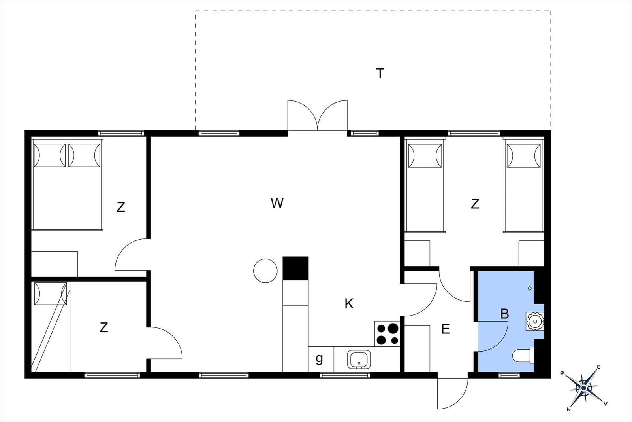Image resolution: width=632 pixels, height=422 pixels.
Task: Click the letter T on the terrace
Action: click(380, 74)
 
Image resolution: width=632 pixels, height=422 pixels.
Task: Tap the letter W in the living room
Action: click(277, 203)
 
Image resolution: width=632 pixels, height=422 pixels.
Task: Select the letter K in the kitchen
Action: click(349, 304)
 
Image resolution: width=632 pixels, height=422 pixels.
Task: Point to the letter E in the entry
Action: click(446, 329)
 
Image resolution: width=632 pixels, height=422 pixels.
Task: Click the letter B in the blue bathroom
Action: click(504, 314)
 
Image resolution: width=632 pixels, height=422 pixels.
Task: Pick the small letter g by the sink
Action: click(319, 359)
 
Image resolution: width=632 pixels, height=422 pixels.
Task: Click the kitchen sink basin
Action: click(359, 359)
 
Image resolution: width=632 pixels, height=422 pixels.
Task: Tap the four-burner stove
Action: click(387, 333)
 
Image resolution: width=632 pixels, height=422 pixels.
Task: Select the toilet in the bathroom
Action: click(523, 356)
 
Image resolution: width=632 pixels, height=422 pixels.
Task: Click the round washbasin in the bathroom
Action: click(535, 321)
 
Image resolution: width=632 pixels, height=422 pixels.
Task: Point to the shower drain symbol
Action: click(530, 288)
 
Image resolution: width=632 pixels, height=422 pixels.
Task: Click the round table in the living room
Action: click(265, 271)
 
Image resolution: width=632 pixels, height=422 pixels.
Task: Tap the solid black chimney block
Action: click(295, 268)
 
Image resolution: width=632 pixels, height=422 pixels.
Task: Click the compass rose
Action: click(583, 388)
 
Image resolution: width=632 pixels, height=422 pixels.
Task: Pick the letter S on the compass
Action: click(599, 367)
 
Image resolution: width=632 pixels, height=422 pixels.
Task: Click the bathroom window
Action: click(509, 375)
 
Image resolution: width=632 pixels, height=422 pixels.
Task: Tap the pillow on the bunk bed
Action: click(51, 293)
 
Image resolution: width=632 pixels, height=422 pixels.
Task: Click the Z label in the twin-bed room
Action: click(475, 204)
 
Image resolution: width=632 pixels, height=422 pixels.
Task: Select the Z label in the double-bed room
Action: click(121, 207)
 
